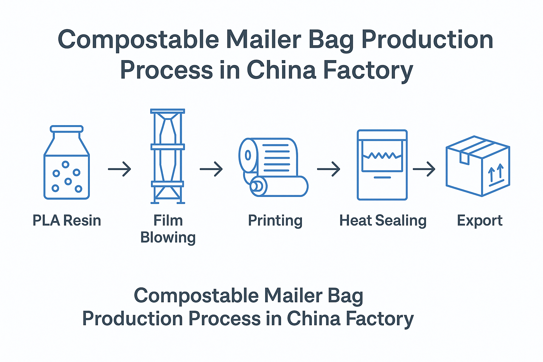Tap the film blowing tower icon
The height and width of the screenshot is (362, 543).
pos(168,156)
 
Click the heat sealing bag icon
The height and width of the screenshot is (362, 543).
pos(382,165)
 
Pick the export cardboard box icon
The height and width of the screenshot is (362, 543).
pos(478,166)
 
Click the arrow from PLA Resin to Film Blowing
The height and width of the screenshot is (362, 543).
pos(119,169)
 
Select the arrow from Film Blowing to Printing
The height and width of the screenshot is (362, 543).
pos(211,169)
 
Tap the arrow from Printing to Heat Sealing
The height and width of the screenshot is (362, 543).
pos(328,169)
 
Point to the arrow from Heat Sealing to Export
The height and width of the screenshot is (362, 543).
pos(424,169)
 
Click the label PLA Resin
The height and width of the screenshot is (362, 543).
pos(67,221)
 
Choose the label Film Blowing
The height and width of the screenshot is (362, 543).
pos(168,229)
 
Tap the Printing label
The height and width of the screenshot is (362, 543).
pos(275,221)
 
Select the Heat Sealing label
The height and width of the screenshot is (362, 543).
pos(383,221)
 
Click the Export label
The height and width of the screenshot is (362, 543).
pos(479,221)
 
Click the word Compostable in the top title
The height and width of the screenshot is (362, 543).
pos(138,40)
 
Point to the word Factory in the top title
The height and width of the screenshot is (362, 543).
pos(368,70)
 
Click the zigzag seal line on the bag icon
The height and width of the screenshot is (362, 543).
pos(382,156)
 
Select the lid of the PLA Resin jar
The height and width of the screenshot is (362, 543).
pos(67,129)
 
